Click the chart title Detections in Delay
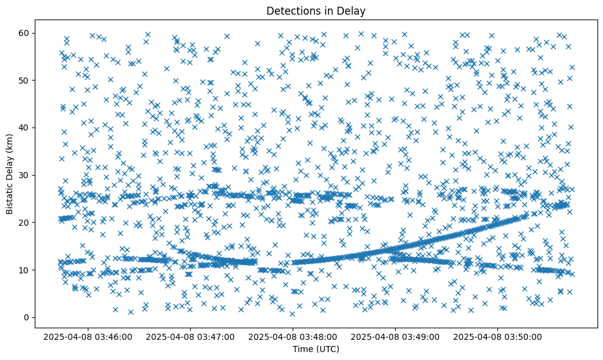pyautogui.click(x=316, y=10)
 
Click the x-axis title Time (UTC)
pyautogui.click(x=316, y=349)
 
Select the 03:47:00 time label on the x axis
pyautogui.click(x=190, y=336)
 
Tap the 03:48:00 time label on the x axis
pyautogui.click(x=293, y=336)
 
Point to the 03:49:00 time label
pyautogui.click(x=395, y=336)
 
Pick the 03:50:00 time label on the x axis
pyautogui.click(x=498, y=336)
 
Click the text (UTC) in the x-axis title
pyautogui.click(x=327, y=349)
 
